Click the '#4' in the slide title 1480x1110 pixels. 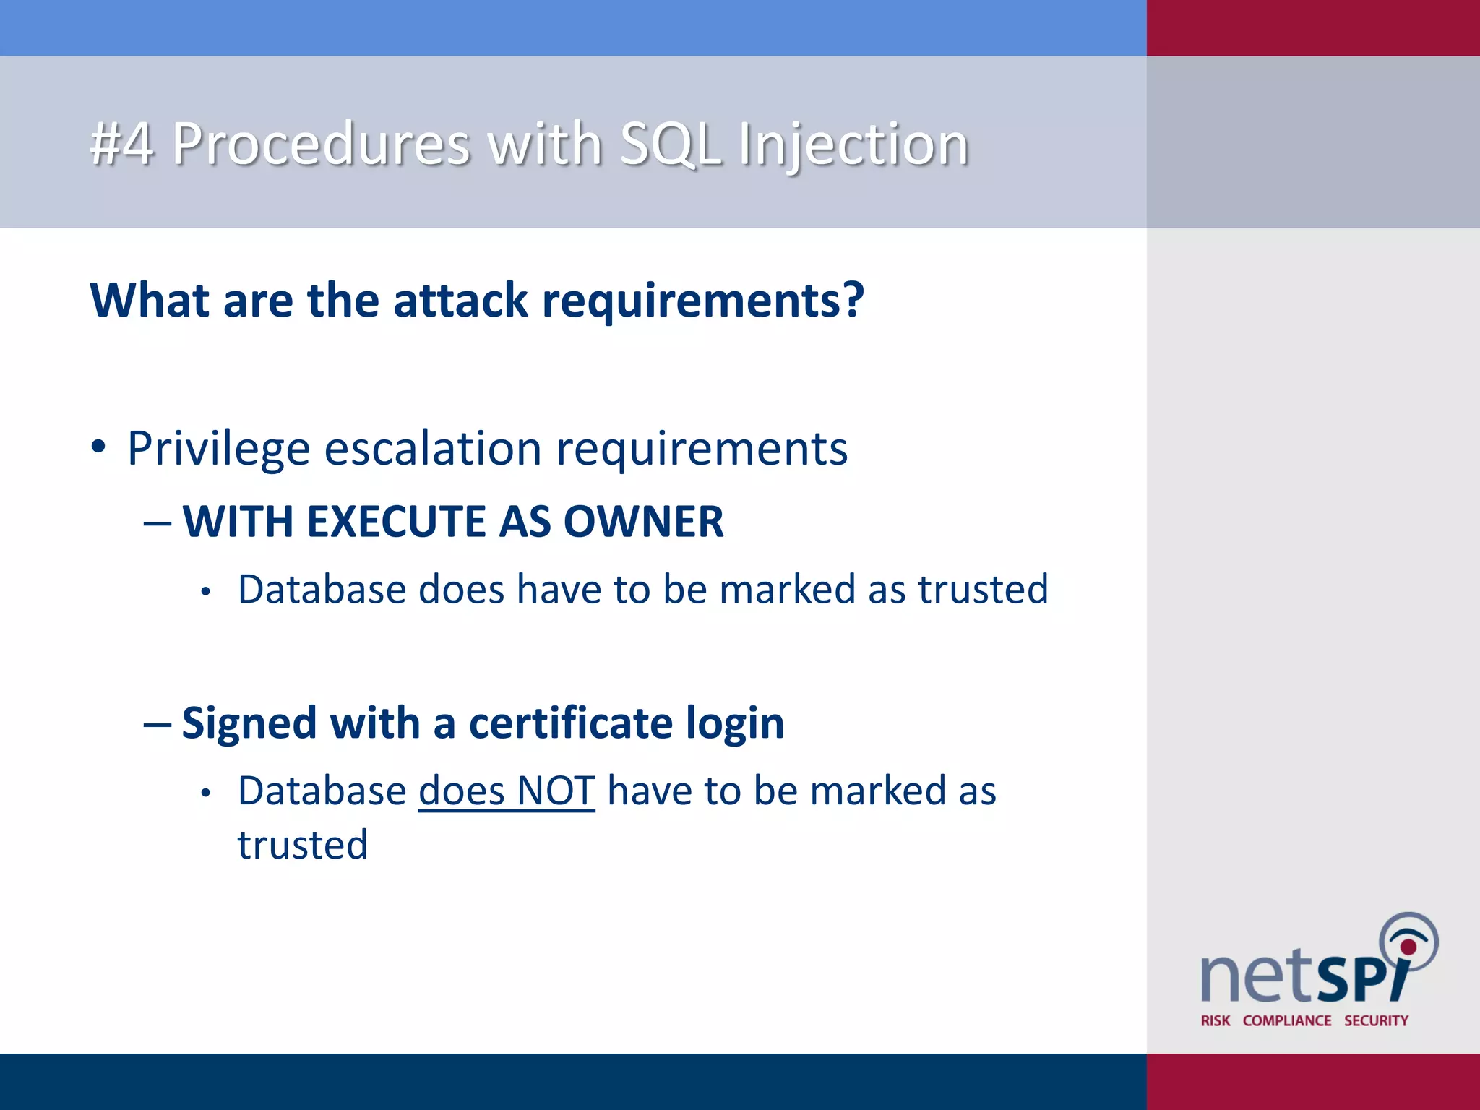coord(121,144)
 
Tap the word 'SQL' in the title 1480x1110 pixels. coord(671,144)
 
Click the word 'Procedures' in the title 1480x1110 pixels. coord(321,144)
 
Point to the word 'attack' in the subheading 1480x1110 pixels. coord(460,300)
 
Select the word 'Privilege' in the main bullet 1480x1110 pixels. coord(218,449)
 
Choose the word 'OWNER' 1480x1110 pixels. coord(643,522)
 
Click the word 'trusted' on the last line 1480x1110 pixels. coord(303,845)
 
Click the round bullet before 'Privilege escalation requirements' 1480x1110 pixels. coord(99,447)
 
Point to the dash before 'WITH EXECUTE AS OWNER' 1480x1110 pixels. coord(158,522)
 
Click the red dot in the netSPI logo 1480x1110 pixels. coord(1408,947)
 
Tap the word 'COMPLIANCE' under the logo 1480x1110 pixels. coord(1286,1020)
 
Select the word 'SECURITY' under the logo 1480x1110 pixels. coord(1376,1020)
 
